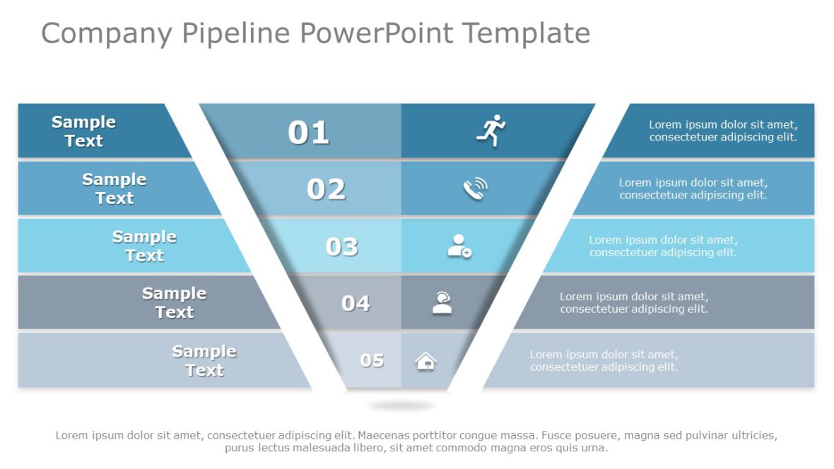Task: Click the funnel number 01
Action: [308, 133]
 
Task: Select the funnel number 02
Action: [326, 189]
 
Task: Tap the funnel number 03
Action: [341, 247]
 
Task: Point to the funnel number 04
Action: [356, 303]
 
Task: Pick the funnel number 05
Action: [372, 360]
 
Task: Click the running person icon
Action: [491, 131]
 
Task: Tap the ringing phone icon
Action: [475, 189]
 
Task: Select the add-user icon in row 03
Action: [459, 246]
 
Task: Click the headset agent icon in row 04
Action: [442, 303]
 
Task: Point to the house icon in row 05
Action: [425, 361]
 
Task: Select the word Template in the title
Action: [526, 33]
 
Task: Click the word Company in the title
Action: [106, 33]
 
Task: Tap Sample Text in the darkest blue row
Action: [83, 131]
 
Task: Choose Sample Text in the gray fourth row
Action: [174, 303]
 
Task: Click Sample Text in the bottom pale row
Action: [204, 360]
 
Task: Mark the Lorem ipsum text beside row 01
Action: [722, 131]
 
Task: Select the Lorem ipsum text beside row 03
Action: [663, 246]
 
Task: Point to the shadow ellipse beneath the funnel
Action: [401, 405]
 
